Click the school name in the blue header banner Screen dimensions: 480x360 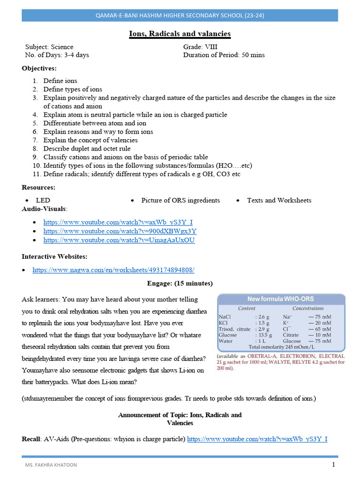coord(180,15)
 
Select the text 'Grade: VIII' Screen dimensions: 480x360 coord(200,47)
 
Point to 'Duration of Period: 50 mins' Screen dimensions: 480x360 coord(224,55)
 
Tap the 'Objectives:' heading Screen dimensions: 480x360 coord(39,68)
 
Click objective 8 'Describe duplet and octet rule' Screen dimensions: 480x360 coord(87,149)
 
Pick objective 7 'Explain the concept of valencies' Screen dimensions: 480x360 coord(90,140)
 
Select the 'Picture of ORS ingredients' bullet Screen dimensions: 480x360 coord(180,200)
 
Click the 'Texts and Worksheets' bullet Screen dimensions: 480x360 coord(279,200)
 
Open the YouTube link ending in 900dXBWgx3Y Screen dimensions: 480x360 coord(120,231)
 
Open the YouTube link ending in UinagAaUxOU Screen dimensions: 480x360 coord(119,240)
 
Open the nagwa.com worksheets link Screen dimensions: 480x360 coord(113,270)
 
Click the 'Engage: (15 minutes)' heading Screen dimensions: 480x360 coord(180,284)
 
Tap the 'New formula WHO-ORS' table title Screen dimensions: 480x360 coord(281,299)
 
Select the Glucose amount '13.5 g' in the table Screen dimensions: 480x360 coord(265,335)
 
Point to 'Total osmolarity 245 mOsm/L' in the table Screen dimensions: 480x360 coord(281,347)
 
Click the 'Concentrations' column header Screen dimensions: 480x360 coord(308,308)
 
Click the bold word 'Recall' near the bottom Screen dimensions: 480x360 coord(31,439)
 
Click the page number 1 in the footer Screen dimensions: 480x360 coord(333,465)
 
